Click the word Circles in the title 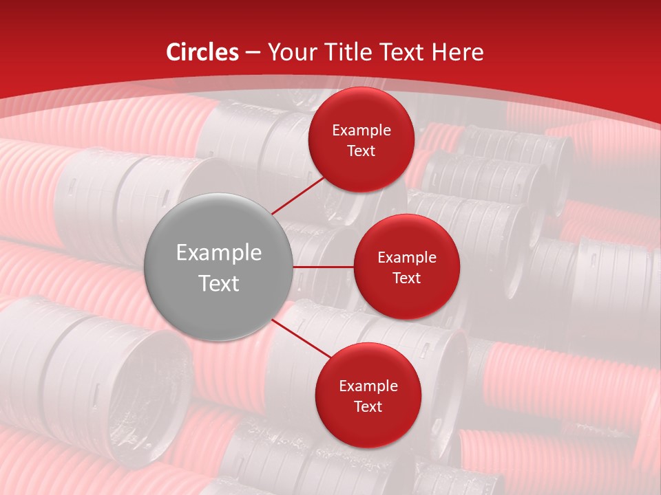pyautogui.click(x=202, y=52)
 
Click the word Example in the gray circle pyautogui.click(x=219, y=253)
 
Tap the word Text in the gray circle pyautogui.click(x=219, y=283)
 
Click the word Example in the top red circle pyautogui.click(x=361, y=131)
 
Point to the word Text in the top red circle pyautogui.click(x=361, y=151)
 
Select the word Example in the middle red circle pyautogui.click(x=407, y=258)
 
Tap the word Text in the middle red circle pyautogui.click(x=407, y=278)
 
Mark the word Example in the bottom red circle pyautogui.click(x=368, y=386)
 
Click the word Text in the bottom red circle pyautogui.click(x=368, y=407)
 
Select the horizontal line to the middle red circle pyautogui.click(x=323, y=267)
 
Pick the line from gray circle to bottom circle pyautogui.click(x=301, y=338)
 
